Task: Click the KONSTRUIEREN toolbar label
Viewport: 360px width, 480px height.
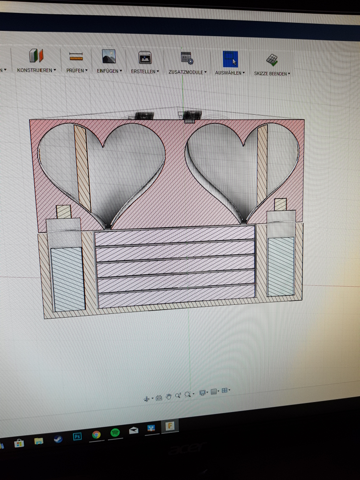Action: (x=35, y=70)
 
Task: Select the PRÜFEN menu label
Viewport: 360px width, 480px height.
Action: (x=75, y=70)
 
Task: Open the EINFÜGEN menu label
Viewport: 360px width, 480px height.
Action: (x=108, y=70)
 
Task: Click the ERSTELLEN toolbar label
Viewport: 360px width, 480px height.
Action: (x=143, y=71)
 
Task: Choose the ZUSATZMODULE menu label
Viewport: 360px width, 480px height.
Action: (x=186, y=72)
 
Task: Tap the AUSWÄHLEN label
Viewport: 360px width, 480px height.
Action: (x=228, y=73)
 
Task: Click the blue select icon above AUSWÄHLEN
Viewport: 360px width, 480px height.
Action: (x=230, y=59)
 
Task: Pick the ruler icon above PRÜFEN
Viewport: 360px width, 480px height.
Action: (x=76, y=56)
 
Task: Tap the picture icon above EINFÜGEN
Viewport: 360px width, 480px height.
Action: (x=109, y=56)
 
